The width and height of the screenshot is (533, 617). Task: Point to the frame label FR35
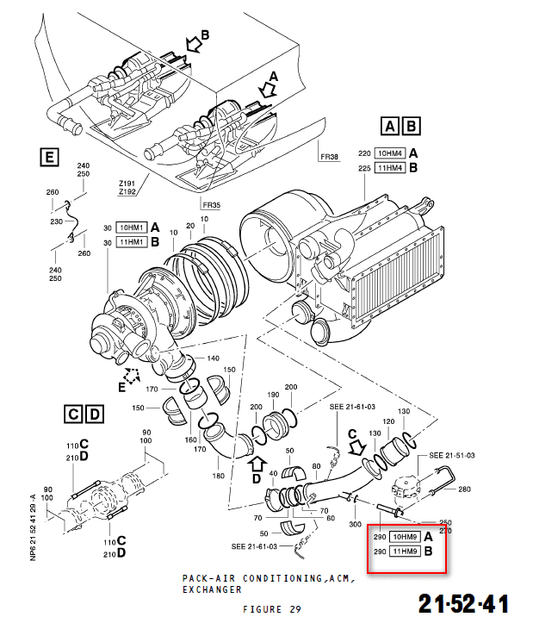pos(212,205)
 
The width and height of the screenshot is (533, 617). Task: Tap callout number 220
pos(363,153)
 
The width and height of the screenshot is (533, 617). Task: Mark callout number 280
pos(465,489)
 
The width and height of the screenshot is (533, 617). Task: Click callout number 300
pos(356,525)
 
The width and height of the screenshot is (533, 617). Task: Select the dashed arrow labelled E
pos(133,376)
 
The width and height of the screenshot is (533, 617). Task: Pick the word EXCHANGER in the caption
pos(212,591)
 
